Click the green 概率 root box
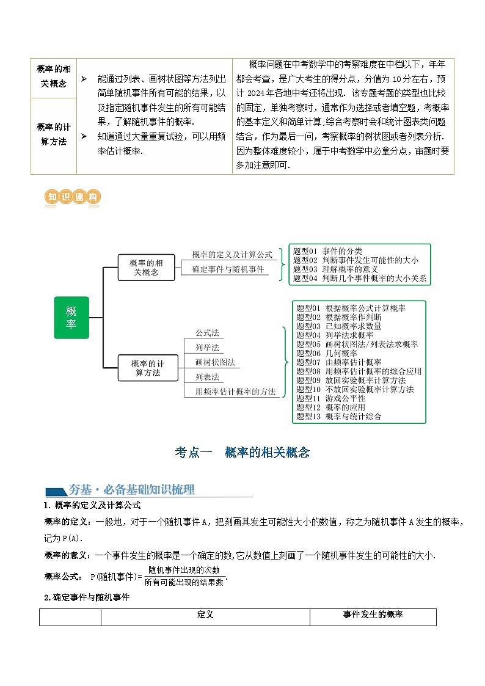pos(71,318)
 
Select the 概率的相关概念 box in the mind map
pos(147,268)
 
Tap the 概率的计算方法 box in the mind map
pos(148,368)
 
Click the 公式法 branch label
pos(207,333)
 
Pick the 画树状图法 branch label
pos(215,362)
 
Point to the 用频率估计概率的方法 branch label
pos(235,392)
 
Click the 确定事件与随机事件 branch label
pos(228,269)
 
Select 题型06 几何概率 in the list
pos(327,353)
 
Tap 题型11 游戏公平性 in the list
pos(330,398)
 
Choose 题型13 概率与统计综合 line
pos(338,417)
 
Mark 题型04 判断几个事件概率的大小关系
pos(360,279)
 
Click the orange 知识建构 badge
pos(73,197)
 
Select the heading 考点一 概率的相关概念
pos(242,453)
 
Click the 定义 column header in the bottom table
pos(205,615)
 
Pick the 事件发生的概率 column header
pos(373,615)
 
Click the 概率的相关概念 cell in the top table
pos(53,76)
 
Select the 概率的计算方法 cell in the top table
pos(53,134)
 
